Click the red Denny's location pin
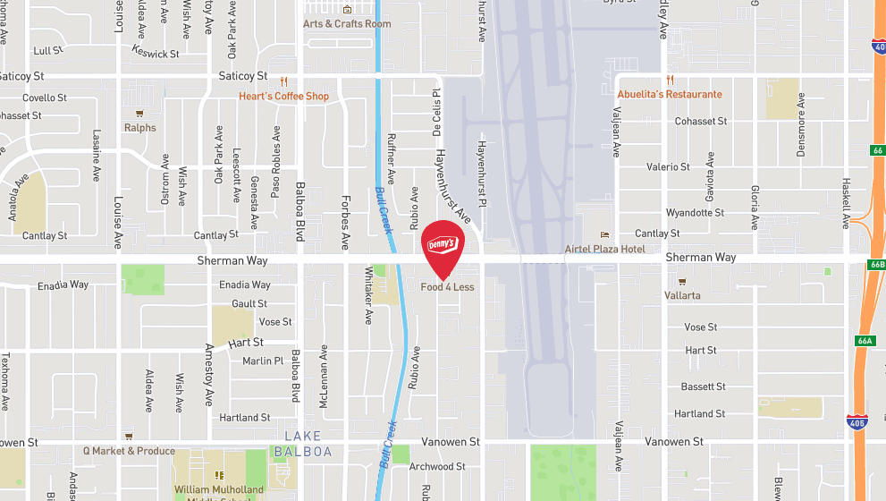443,246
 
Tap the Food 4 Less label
447,287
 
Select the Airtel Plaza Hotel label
604,249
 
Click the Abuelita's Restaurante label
670,94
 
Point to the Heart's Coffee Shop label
283,96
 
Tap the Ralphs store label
139,127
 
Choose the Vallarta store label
682,294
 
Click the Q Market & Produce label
129,451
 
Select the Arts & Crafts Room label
347,23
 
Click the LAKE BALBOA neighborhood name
302,444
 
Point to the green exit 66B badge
876,265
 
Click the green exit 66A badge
864,341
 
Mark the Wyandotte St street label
695,213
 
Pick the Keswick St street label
156,54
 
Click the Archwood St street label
437,466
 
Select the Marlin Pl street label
262,361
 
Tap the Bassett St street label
703,386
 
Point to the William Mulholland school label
219,489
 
